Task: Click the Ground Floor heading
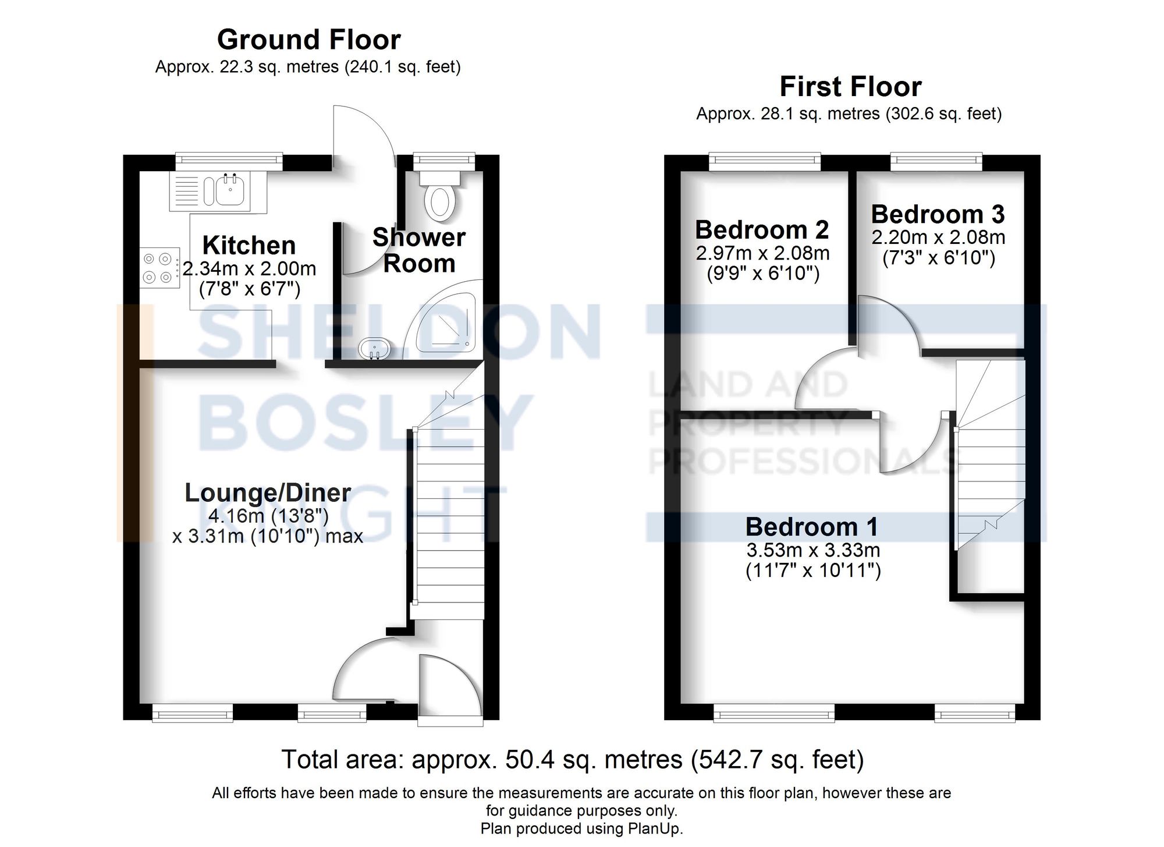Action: click(308, 40)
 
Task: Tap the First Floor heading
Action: click(850, 87)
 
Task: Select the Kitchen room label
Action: click(249, 246)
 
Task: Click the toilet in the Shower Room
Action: click(441, 201)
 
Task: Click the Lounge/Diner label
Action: click(267, 493)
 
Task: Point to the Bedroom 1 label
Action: click(812, 527)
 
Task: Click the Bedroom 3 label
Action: click(938, 215)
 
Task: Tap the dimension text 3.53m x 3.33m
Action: click(813, 550)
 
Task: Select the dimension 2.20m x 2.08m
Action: click(938, 238)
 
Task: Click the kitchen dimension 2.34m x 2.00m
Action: click(249, 269)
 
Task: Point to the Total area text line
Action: click(572, 760)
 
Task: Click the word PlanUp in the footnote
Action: click(658, 828)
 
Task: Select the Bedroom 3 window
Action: click(936, 161)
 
